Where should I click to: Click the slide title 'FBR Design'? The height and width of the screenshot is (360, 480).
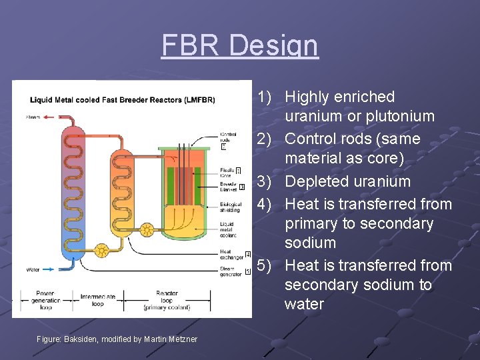click(240, 45)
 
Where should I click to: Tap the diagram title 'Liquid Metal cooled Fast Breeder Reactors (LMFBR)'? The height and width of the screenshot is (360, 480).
click(123, 100)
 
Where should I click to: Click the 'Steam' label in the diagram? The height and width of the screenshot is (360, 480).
click(33, 117)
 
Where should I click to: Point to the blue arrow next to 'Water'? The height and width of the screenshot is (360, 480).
click(51, 270)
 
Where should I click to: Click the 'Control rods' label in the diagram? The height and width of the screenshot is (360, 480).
click(228, 138)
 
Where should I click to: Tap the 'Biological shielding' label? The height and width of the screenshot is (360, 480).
click(230, 208)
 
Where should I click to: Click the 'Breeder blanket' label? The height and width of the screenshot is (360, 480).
click(228, 187)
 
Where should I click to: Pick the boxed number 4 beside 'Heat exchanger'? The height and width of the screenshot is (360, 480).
click(247, 254)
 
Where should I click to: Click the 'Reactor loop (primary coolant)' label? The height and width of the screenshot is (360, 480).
click(167, 300)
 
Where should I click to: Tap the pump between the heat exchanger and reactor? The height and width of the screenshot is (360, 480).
click(147, 231)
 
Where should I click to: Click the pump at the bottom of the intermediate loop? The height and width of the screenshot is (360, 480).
click(101, 250)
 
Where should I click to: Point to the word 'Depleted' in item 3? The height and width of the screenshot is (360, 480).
click(317, 181)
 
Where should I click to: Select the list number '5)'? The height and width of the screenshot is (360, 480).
click(265, 265)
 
